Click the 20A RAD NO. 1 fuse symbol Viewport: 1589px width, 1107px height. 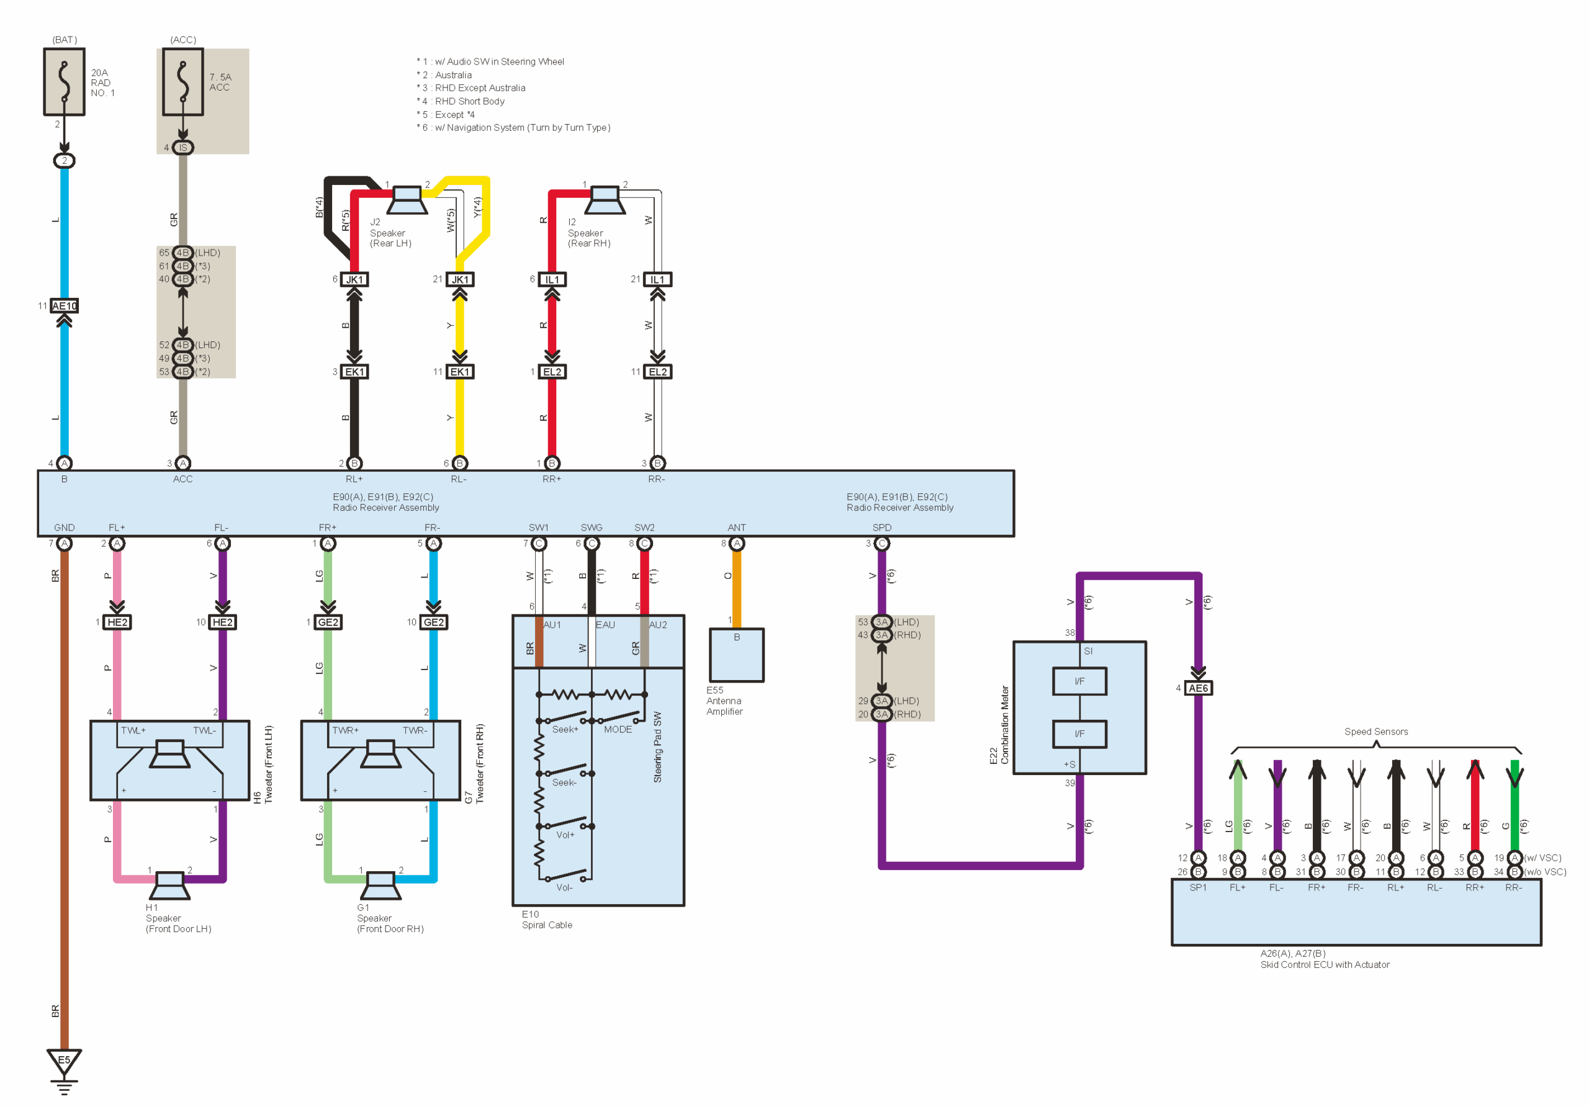(x=65, y=82)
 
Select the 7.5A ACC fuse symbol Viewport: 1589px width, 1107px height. (x=182, y=82)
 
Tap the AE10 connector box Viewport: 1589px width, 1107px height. (x=65, y=306)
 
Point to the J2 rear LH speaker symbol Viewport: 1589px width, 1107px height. (x=407, y=200)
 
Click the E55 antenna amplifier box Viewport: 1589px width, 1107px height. (x=736, y=654)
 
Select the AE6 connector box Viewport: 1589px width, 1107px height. (x=1198, y=688)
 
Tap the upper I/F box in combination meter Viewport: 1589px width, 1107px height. (x=1079, y=681)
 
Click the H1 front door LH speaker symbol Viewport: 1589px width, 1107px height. (x=169, y=885)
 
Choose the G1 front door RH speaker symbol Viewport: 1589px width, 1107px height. (x=380, y=885)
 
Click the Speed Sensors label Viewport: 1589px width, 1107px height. (x=1376, y=732)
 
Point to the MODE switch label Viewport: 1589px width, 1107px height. (x=618, y=729)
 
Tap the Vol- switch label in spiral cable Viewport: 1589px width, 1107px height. (x=564, y=887)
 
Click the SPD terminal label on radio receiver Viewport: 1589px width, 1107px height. (x=881, y=527)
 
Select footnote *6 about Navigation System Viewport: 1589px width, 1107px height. (x=513, y=127)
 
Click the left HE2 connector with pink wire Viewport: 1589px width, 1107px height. (x=117, y=622)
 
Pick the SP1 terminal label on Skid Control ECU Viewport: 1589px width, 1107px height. (x=1198, y=887)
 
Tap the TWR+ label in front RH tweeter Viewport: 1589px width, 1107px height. (x=345, y=730)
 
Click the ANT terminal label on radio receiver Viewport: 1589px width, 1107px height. (x=736, y=527)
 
